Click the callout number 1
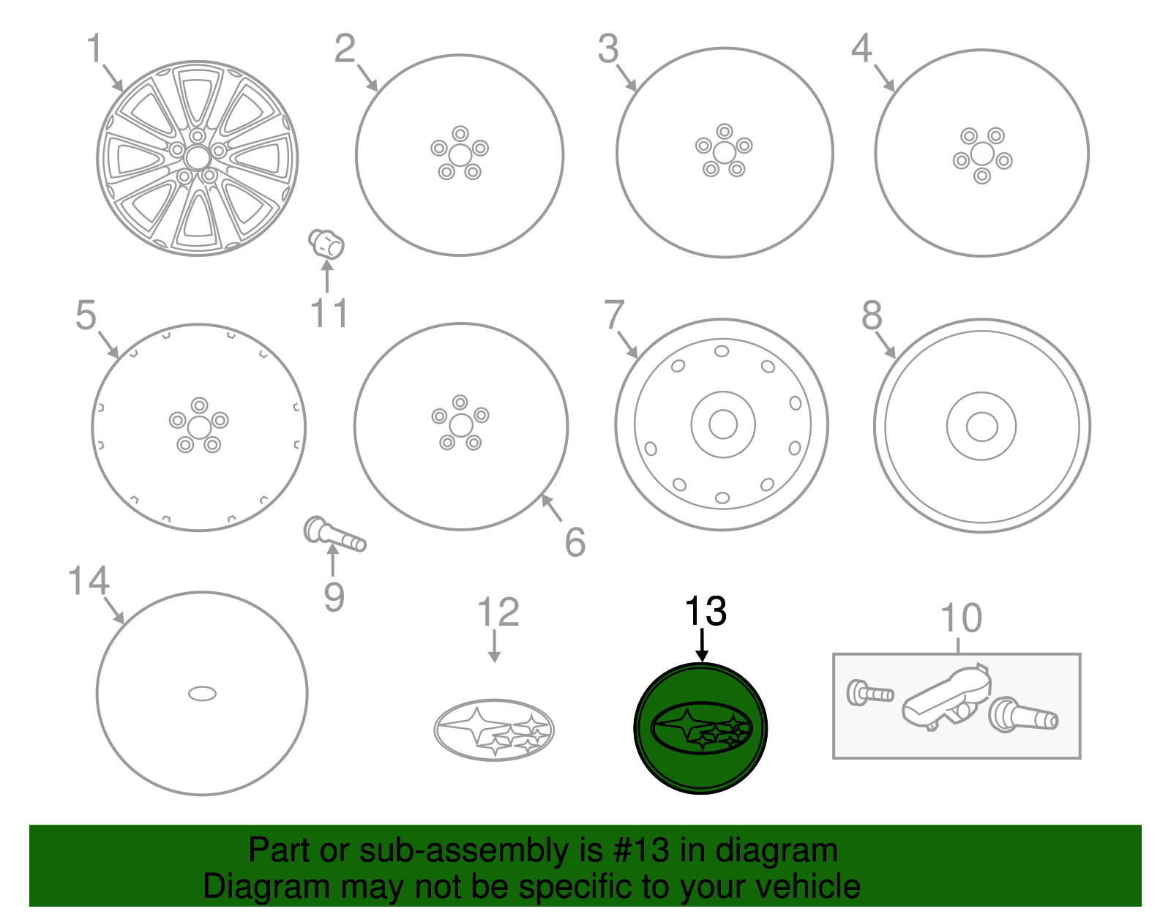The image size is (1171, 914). click(x=94, y=50)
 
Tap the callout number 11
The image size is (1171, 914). click(x=329, y=314)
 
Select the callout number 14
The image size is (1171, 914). click(x=89, y=582)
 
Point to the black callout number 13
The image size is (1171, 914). click(x=706, y=611)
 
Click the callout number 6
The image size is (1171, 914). click(x=575, y=542)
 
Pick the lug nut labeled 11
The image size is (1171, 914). click(x=326, y=244)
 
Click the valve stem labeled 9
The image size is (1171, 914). click(x=334, y=533)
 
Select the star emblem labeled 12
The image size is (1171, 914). click(x=494, y=730)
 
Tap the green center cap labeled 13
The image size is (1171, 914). click(x=700, y=728)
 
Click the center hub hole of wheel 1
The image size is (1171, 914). click(x=197, y=157)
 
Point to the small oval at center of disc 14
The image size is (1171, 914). click(x=202, y=693)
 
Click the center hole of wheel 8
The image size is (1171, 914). click(x=981, y=427)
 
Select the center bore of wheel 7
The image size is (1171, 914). click(x=723, y=424)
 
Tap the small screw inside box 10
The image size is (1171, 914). click(x=869, y=692)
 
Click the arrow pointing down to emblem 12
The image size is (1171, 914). click(x=494, y=645)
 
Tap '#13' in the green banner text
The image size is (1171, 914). click(x=635, y=850)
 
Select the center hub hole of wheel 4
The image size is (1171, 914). click(x=982, y=154)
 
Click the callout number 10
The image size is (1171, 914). click(x=961, y=618)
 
